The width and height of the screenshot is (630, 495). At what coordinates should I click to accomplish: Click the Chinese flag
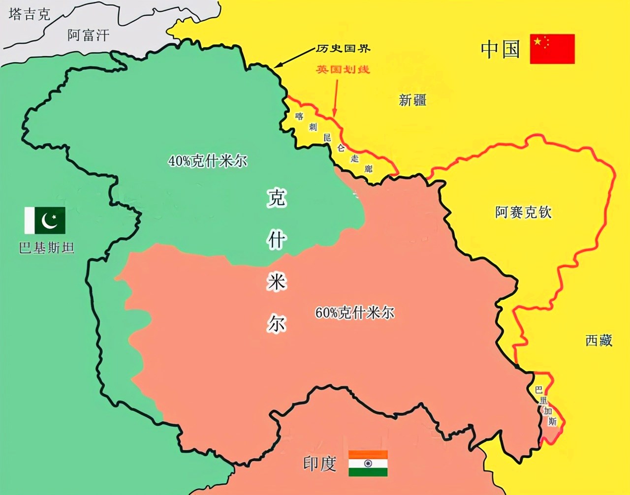click(552, 49)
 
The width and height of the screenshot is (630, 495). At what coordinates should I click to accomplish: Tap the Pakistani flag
click(45, 220)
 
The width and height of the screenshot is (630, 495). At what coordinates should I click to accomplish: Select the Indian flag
click(368, 463)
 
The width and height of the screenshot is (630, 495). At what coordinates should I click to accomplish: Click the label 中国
click(500, 49)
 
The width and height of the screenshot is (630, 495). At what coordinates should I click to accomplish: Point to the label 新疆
click(412, 100)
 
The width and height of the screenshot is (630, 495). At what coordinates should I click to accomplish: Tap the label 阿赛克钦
click(523, 213)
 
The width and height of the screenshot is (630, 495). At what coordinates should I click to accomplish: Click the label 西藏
click(598, 340)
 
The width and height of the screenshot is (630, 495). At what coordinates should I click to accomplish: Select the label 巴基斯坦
click(46, 247)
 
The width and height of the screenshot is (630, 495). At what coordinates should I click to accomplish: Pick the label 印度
click(319, 464)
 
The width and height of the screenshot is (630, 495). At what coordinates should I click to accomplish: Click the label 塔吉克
click(30, 14)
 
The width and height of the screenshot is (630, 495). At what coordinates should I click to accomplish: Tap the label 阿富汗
click(88, 35)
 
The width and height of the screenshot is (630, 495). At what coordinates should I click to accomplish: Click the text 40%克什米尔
click(207, 161)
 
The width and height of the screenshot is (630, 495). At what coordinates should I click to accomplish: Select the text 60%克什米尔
click(354, 312)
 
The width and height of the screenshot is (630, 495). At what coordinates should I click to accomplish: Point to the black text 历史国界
click(343, 49)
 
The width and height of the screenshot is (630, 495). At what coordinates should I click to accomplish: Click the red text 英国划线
click(343, 69)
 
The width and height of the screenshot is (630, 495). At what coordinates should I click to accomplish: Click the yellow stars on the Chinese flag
click(540, 42)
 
